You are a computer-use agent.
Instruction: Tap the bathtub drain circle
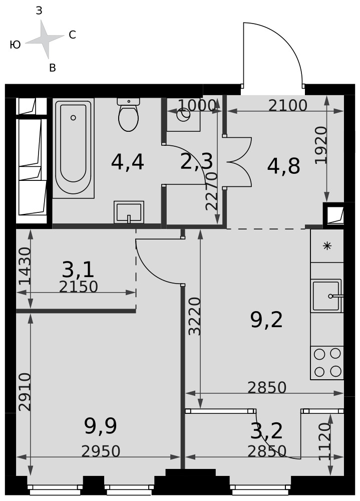click(x=73, y=118)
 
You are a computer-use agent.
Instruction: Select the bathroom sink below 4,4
click(x=129, y=212)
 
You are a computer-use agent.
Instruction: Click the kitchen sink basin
click(x=326, y=296)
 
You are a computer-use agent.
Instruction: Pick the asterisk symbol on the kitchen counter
click(x=327, y=245)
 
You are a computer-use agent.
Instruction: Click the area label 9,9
click(x=101, y=426)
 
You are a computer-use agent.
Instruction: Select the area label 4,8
click(x=284, y=166)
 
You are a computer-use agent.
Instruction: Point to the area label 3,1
click(x=78, y=270)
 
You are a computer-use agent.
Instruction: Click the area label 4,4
click(x=128, y=162)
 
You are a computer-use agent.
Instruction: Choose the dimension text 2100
click(x=287, y=105)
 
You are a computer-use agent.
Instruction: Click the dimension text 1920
click(x=321, y=145)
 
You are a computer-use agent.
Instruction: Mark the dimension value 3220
click(x=195, y=316)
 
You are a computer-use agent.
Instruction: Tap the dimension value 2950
click(x=101, y=451)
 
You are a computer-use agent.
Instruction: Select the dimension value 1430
click(x=25, y=266)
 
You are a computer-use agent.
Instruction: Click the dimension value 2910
click(x=25, y=392)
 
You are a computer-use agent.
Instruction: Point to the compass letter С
click(x=72, y=35)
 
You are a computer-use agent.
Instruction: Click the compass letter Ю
click(x=16, y=45)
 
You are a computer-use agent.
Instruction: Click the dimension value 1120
click(x=325, y=441)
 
